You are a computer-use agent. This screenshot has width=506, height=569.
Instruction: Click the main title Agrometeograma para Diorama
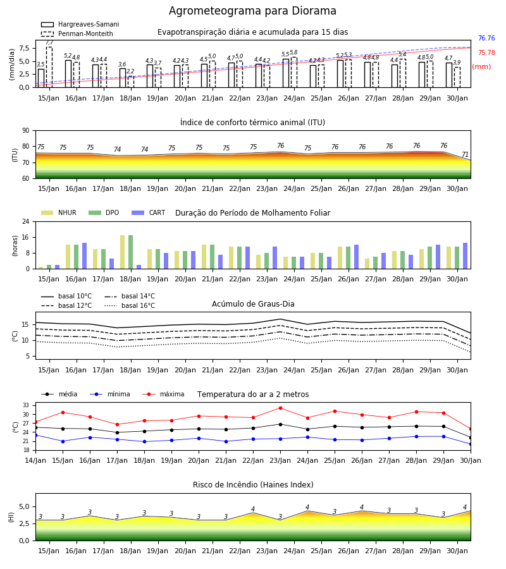(x=252, y=11)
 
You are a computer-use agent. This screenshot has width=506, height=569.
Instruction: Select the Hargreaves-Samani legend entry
(x=80, y=24)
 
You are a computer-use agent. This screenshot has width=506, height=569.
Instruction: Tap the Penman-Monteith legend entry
(x=77, y=34)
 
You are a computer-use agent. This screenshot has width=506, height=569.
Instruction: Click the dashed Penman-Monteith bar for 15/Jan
(x=49, y=67)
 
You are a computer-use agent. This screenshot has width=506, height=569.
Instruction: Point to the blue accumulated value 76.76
(x=486, y=38)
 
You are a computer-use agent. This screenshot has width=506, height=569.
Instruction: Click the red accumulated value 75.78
(x=486, y=52)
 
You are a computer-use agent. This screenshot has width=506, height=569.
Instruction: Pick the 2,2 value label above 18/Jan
(x=130, y=71)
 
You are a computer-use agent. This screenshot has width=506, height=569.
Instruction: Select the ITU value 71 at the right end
(x=465, y=155)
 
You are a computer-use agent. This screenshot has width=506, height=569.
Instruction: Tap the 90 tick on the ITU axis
(x=26, y=131)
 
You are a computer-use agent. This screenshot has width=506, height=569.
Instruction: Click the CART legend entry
(x=149, y=212)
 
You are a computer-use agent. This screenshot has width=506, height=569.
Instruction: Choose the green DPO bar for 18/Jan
(x=131, y=252)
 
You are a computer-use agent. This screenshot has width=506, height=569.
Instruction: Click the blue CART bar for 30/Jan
(x=466, y=256)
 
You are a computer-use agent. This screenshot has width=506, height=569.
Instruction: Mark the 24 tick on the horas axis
(x=26, y=221)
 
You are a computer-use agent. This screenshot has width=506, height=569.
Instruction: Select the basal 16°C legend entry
(x=130, y=305)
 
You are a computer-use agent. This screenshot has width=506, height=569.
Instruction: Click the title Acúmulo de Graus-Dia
(x=253, y=303)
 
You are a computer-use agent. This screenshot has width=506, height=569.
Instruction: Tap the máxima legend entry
(x=163, y=394)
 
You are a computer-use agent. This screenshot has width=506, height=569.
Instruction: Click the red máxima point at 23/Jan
(x=280, y=408)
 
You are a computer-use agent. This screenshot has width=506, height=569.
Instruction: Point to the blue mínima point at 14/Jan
(x=35, y=435)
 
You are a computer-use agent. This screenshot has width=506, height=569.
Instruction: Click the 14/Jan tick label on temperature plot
(x=35, y=460)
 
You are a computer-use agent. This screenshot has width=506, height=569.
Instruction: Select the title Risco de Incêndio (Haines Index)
(x=253, y=485)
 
